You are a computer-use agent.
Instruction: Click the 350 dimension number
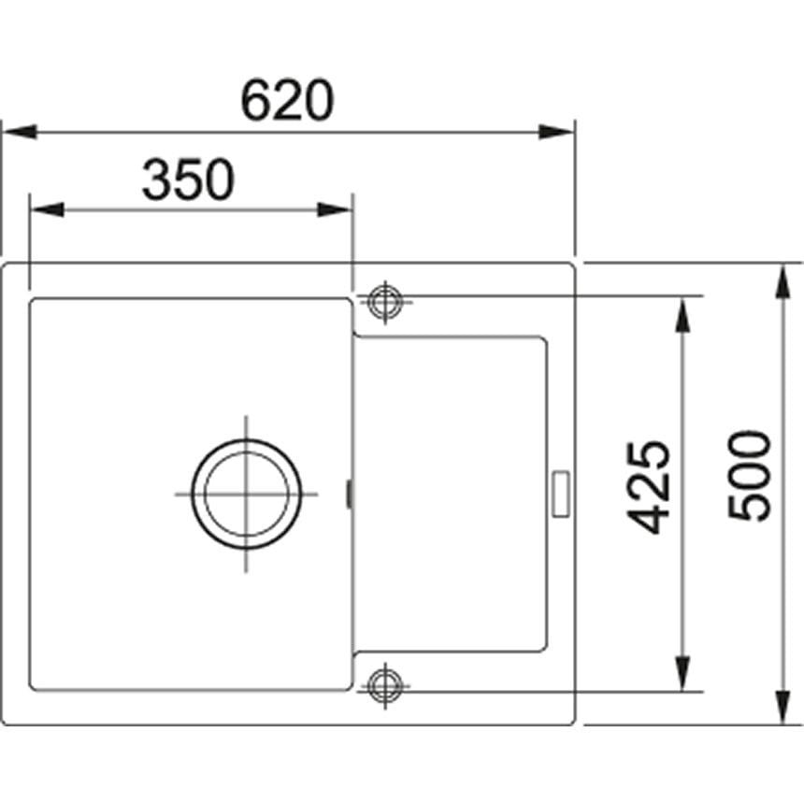coord(187,180)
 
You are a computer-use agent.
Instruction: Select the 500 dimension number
coord(750,475)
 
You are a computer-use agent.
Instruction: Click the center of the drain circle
coord(247,493)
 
